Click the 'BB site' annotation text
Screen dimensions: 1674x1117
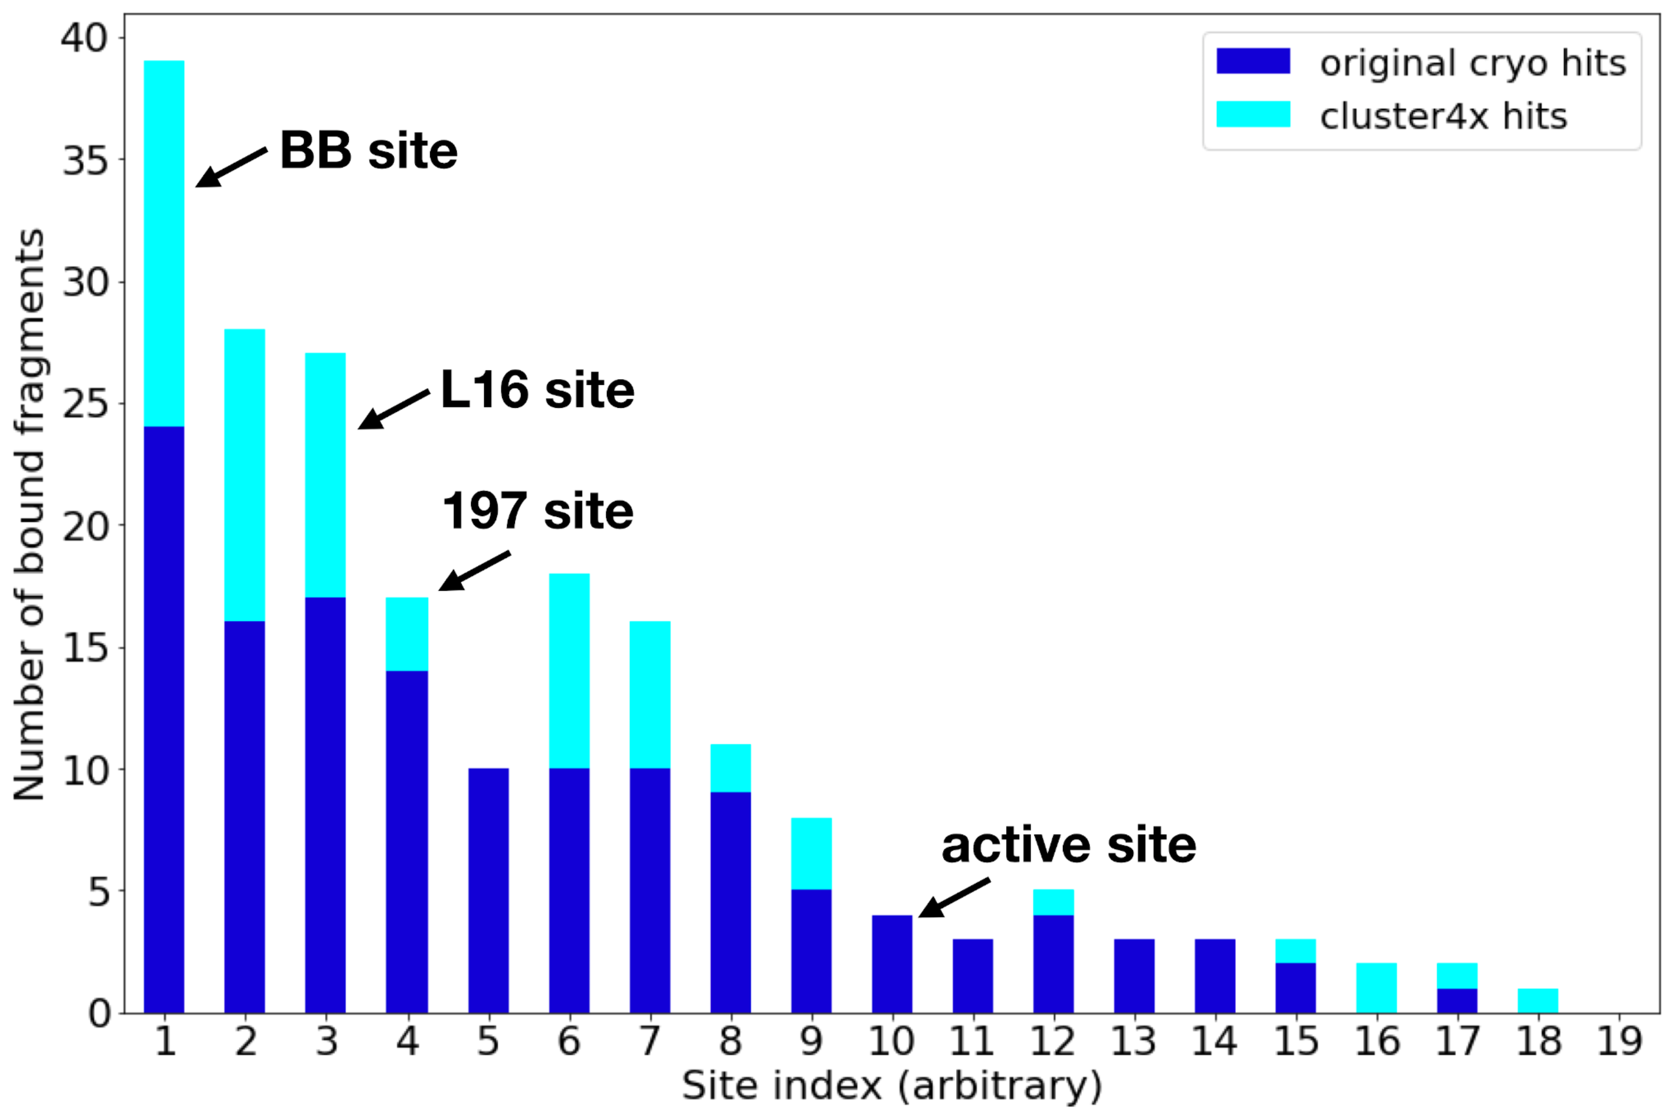[368, 150]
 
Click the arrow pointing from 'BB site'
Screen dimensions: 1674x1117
[231, 167]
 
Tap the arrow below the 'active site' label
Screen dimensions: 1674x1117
[954, 898]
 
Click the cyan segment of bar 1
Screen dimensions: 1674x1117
[165, 244]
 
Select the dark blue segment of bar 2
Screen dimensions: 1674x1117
[245, 817]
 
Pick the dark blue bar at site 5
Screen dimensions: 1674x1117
[488, 891]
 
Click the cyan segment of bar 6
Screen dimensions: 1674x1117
[569, 671]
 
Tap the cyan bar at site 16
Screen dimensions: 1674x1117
[1376, 988]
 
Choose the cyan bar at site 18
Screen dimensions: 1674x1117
[1538, 1001]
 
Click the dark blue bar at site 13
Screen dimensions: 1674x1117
[1134, 976]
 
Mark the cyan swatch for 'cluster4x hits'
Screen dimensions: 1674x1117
[1253, 114]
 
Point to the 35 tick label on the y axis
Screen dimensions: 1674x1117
[85, 160]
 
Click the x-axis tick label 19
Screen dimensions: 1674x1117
[1619, 1042]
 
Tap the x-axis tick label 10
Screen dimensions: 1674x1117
[891, 1042]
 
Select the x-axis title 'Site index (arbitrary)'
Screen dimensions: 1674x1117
[892, 1086]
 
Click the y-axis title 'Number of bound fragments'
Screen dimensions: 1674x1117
[30, 514]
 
